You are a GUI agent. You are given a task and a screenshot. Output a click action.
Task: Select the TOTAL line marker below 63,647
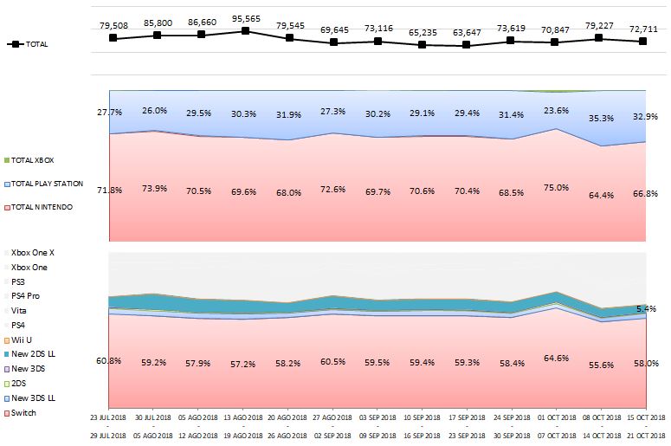pos(466,45)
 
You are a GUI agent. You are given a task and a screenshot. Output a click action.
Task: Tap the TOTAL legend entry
pos(34,44)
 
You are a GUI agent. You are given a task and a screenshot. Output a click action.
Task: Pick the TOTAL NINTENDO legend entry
pos(42,207)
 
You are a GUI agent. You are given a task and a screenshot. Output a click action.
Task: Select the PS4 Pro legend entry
pos(27,295)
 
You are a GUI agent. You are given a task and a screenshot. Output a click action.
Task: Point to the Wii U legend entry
pos(23,339)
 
